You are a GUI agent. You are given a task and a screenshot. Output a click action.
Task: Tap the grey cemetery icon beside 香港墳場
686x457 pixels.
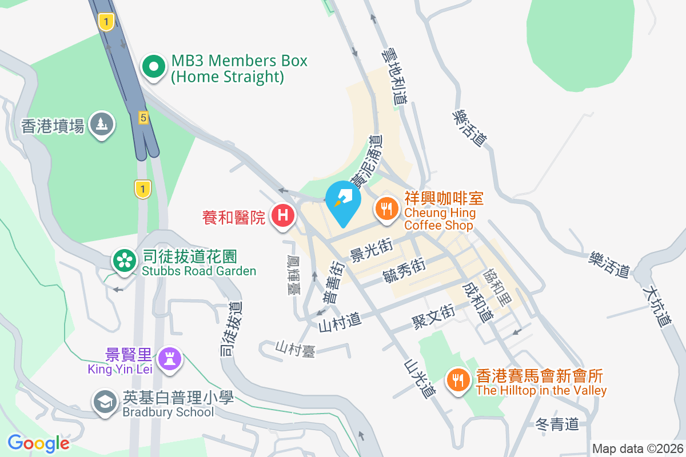point(102,125)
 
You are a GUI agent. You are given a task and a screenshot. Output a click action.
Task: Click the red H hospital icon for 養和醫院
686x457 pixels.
point(282,216)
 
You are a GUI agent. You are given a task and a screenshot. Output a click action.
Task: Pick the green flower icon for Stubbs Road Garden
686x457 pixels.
point(122,261)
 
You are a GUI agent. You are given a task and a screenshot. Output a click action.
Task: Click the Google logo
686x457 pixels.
point(38,443)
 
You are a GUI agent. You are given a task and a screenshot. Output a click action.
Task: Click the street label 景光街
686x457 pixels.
point(371,251)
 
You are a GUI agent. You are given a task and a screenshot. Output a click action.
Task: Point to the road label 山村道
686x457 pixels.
point(340,323)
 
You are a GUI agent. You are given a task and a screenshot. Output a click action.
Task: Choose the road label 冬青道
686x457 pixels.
point(557,424)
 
